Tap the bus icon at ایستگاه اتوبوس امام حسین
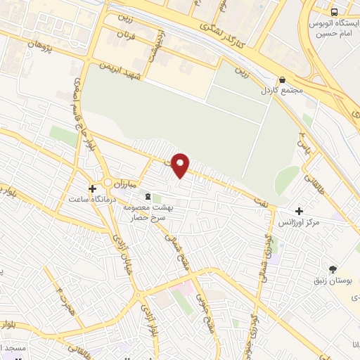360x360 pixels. (x=334, y=12)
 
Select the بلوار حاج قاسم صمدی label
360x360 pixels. (x=83, y=105)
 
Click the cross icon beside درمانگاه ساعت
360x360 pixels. (x=92, y=188)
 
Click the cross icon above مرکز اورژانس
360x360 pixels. (x=300, y=211)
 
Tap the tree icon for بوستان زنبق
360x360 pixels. (x=333, y=269)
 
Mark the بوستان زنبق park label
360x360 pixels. (x=333, y=281)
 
